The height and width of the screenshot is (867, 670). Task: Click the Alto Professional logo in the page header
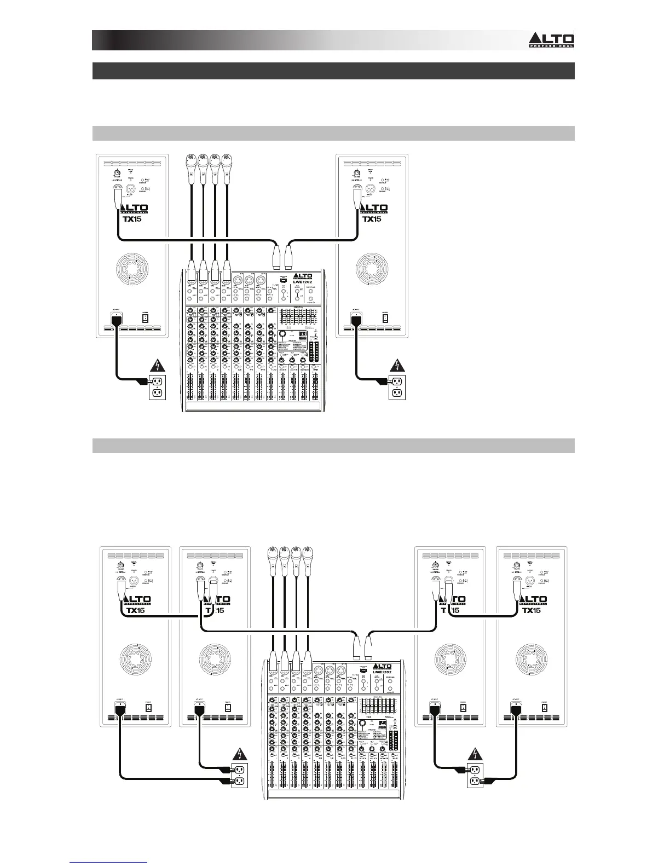pyautogui.click(x=551, y=40)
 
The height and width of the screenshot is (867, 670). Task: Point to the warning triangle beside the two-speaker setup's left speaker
pyautogui.click(x=157, y=366)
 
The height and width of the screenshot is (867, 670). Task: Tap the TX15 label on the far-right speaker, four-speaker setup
pyautogui.click(x=531, y=610)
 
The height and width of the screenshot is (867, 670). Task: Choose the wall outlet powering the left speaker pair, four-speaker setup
pyautogui.click(x=238, y=776)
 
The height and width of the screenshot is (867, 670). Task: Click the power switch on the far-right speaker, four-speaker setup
pyautogui.click(x=544, y=707)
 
